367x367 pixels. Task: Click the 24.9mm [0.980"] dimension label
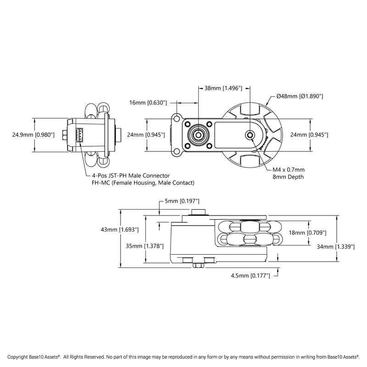(x=33, y=135)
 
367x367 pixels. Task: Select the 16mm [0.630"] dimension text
(x=148, y=102)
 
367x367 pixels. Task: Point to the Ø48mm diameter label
(x=300, y=96)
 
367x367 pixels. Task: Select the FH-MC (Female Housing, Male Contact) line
(x=143, y=183)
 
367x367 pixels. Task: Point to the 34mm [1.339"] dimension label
(x=336, y=246)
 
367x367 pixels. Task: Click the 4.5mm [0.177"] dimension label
(x=250, y=276)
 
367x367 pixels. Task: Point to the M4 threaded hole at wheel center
(x=250, y=135)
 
